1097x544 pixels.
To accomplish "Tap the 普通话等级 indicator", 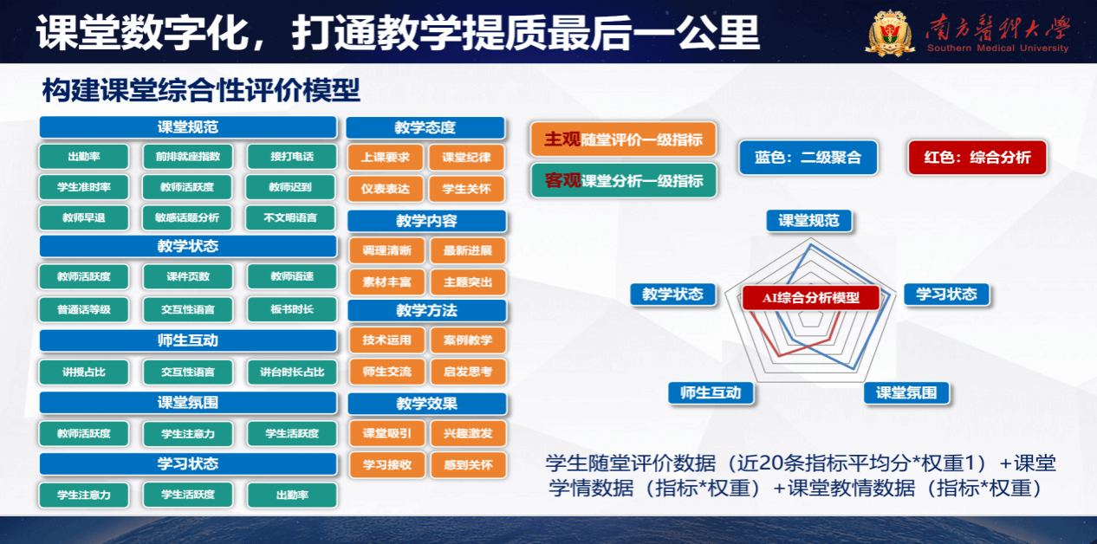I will pyautogui.click(x=84, y=308).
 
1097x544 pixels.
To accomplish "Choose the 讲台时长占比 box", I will pyautogui.click(x=292, y=372).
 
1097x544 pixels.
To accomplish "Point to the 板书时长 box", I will pyautogui.click(x=292, y=308).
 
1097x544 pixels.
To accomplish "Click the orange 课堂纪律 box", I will pyautogui.click(x=466, y=157).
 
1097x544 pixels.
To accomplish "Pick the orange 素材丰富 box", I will pyautogui.click(x=386, y=282).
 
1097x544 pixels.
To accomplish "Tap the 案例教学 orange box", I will pyautogui.click(x=467, y=340).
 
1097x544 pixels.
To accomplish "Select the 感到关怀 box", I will pyautogui.click(x=467, y=464).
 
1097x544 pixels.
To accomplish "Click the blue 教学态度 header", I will pyautogui.click(x=425, y=127).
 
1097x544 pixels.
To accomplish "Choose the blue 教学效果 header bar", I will pyautogui.click(x=426, y=403).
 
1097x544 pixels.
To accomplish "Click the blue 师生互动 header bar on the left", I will pyautogui.click(x=188, y=340).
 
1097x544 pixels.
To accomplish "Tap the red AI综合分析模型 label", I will pyautogui.click(x=810, y=297).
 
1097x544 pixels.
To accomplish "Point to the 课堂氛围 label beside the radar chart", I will pyautogui.click(x=906, y=392).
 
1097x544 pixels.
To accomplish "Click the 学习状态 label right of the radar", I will pyautogui.click(x=946, y=294).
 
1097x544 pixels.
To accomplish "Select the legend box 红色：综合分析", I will pyautogui.click(x=977, y=158).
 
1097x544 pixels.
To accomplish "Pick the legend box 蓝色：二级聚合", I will pyautogui.click(x=808, y=158).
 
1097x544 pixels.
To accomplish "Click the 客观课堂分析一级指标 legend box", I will pyautogui.click(x=623, y=181).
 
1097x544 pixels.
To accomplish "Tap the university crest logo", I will pyautogui.click(x=891, y=33).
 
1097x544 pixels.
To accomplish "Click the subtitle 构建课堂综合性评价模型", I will pyautogui.click(x=200, y=90).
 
